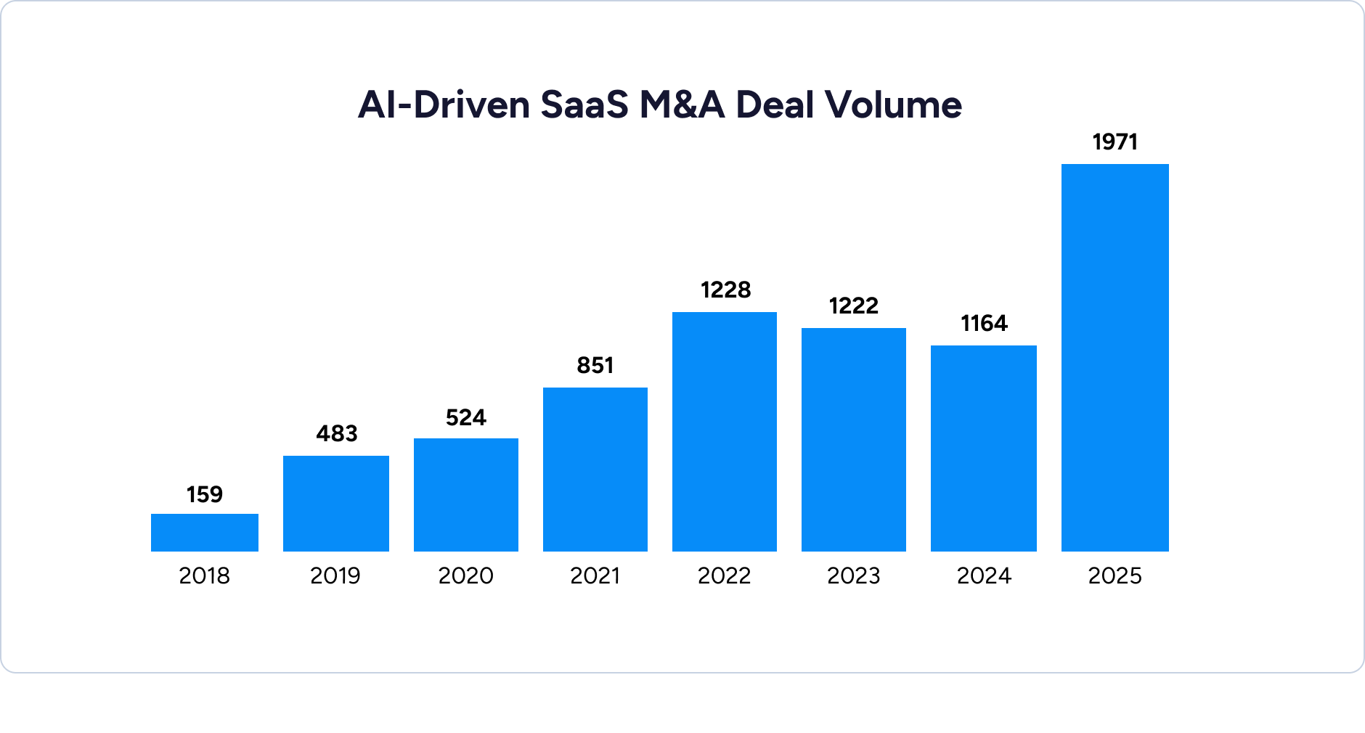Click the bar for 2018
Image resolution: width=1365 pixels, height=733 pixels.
coord(204,533)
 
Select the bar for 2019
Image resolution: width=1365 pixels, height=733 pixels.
coord(335,504)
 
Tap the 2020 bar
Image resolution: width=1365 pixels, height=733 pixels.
coord(465,495)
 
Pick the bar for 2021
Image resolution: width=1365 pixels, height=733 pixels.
coord(595,470)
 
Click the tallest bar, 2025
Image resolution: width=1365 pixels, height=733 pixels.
coord(1115,358)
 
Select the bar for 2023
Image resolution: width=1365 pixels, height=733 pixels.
coord(853,440)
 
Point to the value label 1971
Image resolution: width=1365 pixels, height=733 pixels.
coord(1115,142)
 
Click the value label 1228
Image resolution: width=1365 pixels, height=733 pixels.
coord(725,290)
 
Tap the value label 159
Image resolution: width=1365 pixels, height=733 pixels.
coord(204,495)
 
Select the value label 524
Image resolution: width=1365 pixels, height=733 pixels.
coord(465,418)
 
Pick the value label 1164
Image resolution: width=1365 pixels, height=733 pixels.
coord(984,324)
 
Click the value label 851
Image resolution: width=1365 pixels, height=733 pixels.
coord(595,366)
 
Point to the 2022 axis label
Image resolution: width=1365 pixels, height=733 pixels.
coord(724,576)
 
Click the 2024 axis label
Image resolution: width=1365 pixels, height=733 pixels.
coord(984,576)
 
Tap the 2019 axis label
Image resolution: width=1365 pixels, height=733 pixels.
coord(335,576)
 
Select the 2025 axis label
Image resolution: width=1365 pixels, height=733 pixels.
coord(1115,576)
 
